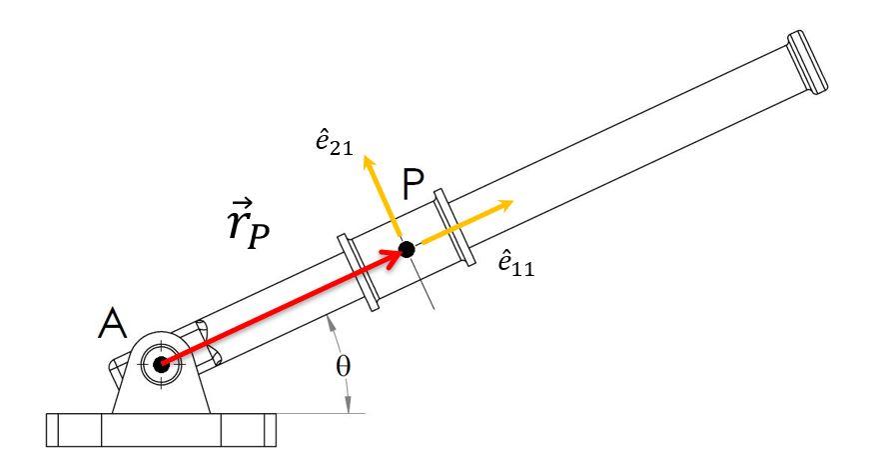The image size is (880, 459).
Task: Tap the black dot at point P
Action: [x=406, y=248]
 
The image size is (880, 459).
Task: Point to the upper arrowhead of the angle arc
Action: [x=332, y=320]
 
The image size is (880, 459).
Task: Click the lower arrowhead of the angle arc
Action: [x=348, y=405]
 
